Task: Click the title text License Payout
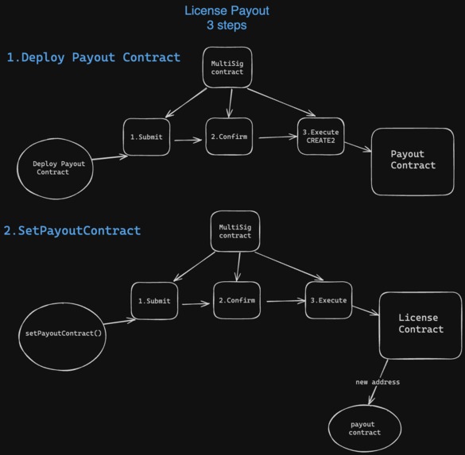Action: tap(227, 10)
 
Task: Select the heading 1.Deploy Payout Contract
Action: tap(94, 57)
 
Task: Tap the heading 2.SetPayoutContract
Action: tap(72, 230)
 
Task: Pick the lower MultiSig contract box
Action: tap(235, 231)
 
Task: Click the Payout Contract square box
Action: tap(413, 160)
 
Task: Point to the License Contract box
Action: tap(420, 324)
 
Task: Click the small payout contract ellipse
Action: tap(365, 428)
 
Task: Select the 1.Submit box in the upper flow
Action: tap(146, 137)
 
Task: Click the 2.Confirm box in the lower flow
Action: tap(235, 301)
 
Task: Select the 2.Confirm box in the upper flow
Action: tap(230, 137)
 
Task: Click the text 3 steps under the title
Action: tap(227, 25)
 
